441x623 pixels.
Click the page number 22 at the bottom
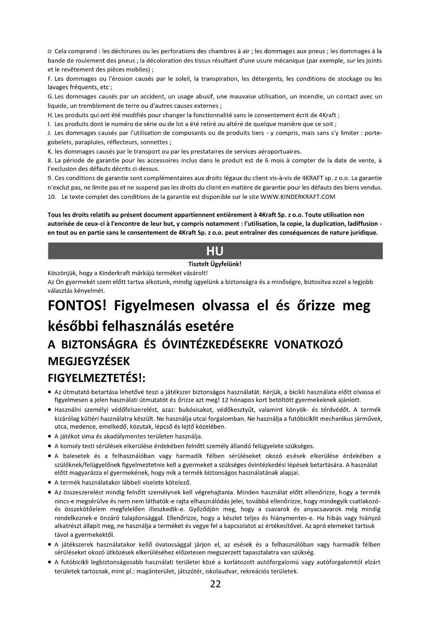(215, 584)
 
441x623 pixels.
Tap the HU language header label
(215, 251)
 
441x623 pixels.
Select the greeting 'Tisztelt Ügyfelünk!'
(215, 264)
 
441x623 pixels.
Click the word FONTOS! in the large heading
(77, 306)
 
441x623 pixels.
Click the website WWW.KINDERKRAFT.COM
(298, 197)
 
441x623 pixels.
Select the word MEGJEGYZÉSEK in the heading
(89, 362)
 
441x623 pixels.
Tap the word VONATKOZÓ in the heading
(309, 345)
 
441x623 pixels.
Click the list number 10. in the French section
(52, 197)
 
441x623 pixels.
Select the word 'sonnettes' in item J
(155, 142)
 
